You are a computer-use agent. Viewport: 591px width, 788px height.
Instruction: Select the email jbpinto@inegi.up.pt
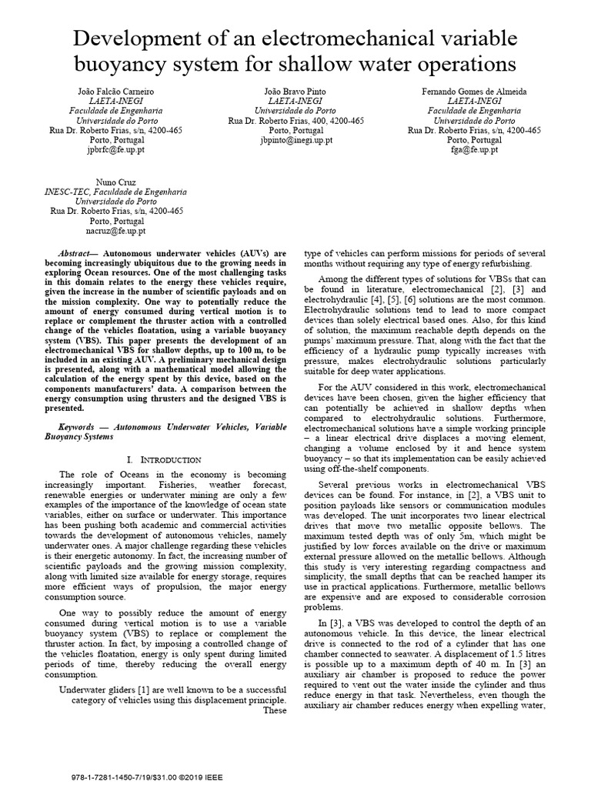[x=296, y=141]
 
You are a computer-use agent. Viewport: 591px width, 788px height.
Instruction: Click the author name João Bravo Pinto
[x=296, y=91]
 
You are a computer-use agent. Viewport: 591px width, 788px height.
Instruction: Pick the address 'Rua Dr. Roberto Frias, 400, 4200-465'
[x=296, y=121]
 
